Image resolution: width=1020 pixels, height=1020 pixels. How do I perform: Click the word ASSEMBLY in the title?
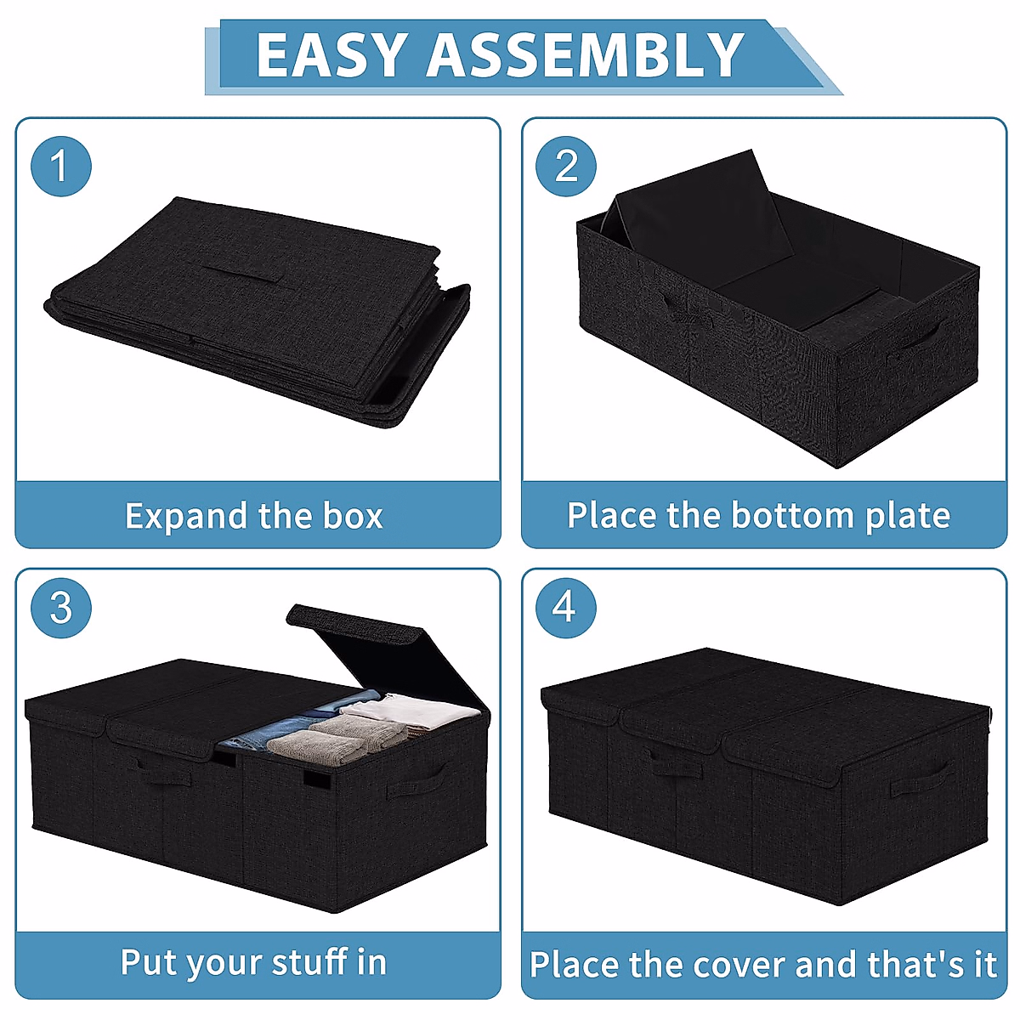point(586,56)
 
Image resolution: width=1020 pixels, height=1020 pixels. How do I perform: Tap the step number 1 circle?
point(60,166)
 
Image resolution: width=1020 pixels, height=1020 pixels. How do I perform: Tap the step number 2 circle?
point(566,166)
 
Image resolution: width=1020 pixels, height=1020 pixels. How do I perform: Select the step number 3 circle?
point(60,608)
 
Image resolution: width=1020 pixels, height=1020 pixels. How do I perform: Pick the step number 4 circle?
point(565,608)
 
